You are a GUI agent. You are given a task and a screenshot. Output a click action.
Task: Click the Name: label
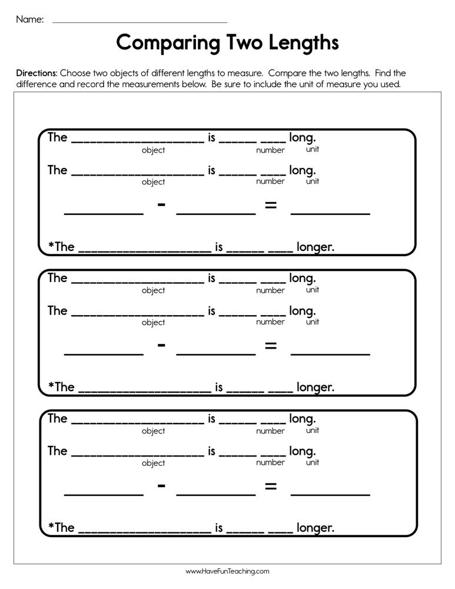[x=29, y=19]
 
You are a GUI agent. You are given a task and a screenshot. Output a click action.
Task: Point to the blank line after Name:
[x=140, y=21]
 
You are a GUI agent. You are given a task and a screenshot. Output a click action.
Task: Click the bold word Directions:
[x=36, y=74]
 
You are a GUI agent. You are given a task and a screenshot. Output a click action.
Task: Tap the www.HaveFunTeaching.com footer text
[x=227, y=571]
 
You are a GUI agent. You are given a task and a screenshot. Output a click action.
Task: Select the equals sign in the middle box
[x=270, y=346]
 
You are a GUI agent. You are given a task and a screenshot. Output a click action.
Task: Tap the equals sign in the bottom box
[x=270, y=487]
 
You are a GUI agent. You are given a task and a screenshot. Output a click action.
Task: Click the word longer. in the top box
[x=315, y=247]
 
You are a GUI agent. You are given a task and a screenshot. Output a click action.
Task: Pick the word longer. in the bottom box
[x=315, y=528]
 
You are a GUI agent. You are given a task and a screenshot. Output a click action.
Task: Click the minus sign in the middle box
[x=161, y=345]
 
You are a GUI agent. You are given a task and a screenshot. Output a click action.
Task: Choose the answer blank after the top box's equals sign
[x=330, y=212]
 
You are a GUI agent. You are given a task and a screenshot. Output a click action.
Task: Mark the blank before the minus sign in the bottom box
[x=104, y=494]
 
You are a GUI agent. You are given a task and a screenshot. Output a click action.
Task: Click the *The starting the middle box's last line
[x=61, y=387]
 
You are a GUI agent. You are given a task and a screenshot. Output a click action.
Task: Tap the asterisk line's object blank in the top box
[x=144, y=250]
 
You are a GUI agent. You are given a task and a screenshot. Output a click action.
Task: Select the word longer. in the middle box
[x=315, y=387]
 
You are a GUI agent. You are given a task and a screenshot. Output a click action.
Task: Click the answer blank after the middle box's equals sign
[x=330, y=353]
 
